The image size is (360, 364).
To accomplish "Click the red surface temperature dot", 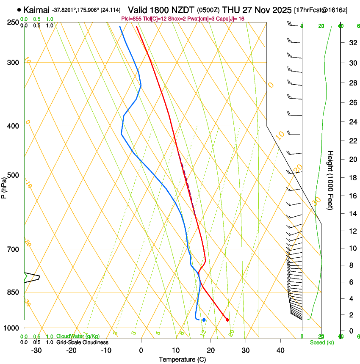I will tap(227, 320).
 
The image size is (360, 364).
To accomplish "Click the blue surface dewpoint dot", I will tap(204, 320).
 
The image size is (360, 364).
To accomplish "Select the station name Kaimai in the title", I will tap(36, 10).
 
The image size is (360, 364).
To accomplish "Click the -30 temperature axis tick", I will tap(36, 350).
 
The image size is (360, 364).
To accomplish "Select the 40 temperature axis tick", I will tap(280, 350).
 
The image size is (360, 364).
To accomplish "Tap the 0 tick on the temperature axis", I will tap(141, 350).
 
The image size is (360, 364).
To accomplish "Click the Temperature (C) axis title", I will tap(182, 359).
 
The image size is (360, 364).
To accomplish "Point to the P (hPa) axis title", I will tap(4, 187).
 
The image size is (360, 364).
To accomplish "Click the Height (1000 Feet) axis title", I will tap(331, 180).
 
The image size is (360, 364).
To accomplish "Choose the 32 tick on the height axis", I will tap(352, 43).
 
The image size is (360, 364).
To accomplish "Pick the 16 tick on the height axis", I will tap(352, 196).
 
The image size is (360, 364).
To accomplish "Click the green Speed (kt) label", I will tap(321, 342).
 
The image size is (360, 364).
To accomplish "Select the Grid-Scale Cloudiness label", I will tap(82, 342).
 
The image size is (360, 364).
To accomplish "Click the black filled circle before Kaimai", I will tap(19, 10).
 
